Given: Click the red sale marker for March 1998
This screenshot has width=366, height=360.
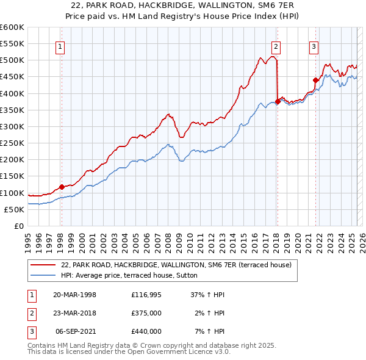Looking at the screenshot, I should click(x=62, y=187).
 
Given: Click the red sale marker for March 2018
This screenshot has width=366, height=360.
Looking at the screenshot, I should click(x=278, y=102).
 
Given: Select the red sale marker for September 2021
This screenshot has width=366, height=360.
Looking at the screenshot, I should click(x=315, y=80).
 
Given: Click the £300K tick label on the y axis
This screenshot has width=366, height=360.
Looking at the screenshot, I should click(x=12, y=127).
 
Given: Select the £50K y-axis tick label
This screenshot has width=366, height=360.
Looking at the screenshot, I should click(x=14, y=210).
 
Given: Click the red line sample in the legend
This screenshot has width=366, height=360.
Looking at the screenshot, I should click(x=43, y=265).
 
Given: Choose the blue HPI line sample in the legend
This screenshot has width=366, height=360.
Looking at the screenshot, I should click(x=43, y=275).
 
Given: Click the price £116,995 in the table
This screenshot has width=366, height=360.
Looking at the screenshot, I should click(x=146, y=295).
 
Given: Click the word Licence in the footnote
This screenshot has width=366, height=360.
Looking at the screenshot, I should click(x=196, y=352).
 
